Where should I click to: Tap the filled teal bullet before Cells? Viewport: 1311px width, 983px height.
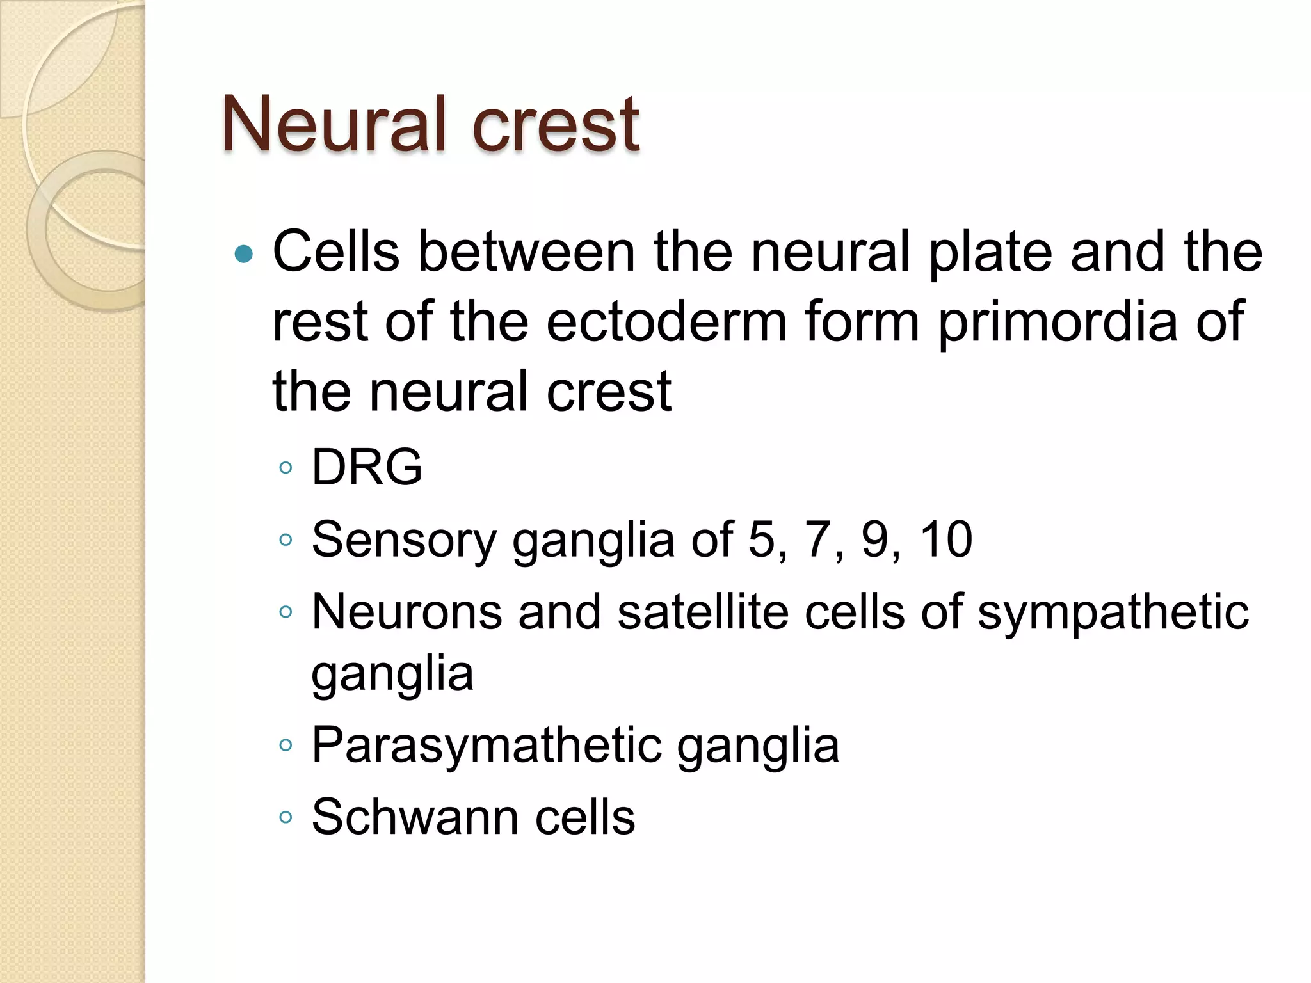[244, 255]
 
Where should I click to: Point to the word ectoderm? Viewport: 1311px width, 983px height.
[666, 321]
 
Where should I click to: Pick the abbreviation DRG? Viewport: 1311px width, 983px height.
[366, 467]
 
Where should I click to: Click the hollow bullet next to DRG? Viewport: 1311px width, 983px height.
[286, 468]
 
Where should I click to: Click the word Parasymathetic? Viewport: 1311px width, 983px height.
[486, 746]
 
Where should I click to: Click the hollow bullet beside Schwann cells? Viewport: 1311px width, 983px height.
[286, 817]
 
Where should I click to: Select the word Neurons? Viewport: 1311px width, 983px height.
[406, 611]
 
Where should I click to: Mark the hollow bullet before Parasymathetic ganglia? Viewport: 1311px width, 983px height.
[286, 745]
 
